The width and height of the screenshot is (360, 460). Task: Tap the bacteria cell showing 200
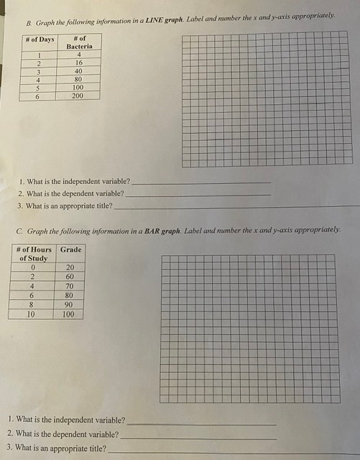point(79,95)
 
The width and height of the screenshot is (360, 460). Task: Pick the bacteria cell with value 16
point(79,63)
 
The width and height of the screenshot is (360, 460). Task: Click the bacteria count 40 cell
point(79,71)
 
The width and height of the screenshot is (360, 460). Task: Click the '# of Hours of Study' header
point(33,253)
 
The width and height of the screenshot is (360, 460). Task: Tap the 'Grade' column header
point(70,249)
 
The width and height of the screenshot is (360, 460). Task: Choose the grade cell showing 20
point(70,267)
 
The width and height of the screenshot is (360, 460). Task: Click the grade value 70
point(70,285)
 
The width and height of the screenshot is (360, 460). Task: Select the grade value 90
point(70,304)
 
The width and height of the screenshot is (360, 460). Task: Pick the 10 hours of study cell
point(31,314)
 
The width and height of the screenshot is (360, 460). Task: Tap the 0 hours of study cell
point(32,267)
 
